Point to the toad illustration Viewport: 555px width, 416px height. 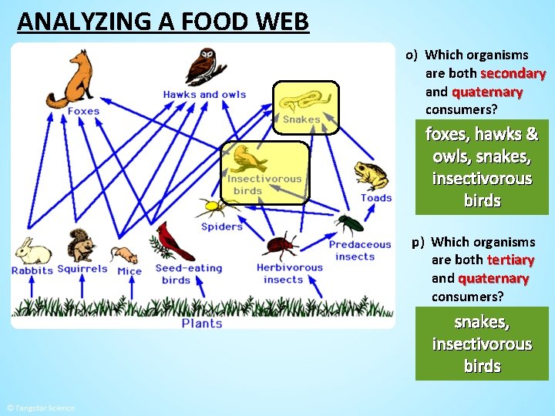click(x=371, y=176)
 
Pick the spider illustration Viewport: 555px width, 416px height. click(x=211, y=206)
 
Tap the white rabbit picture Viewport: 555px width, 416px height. click(x=32, y=251)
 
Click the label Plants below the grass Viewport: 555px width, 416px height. click(x=202, y=324)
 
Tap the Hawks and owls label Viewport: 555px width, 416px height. click(x=204, y=95)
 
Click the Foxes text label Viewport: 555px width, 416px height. click(x=83, y=111)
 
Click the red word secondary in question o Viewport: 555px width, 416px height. click(x=513, y=73)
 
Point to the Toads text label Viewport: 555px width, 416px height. click(x=376, y=198)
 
